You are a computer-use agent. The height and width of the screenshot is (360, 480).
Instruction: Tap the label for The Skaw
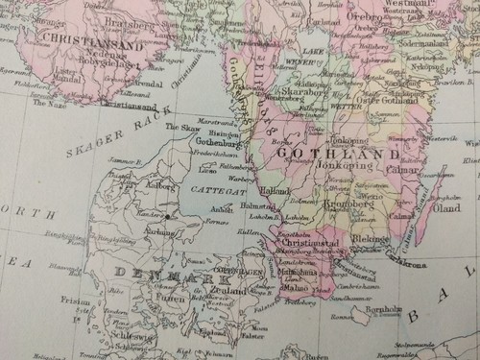[179, 127]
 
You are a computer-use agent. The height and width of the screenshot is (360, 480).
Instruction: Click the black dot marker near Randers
[166, 217]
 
